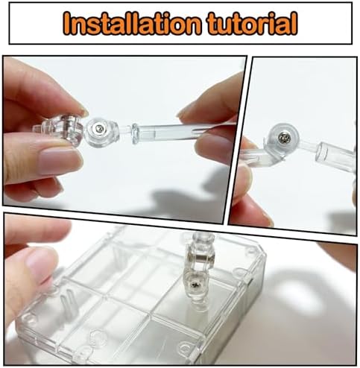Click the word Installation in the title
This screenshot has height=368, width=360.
132,23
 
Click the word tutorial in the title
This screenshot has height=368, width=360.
252,23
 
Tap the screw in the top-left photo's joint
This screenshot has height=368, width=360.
99,128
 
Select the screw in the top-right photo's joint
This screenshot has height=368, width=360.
282,138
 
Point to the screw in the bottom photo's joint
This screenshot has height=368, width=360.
196,285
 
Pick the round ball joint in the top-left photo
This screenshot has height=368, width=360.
101,132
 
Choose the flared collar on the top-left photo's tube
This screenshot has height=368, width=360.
136,133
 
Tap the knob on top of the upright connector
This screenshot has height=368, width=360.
200,238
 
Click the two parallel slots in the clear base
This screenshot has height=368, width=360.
68,305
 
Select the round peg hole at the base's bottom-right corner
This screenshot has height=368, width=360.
185,347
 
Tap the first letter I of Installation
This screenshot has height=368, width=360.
68,23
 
